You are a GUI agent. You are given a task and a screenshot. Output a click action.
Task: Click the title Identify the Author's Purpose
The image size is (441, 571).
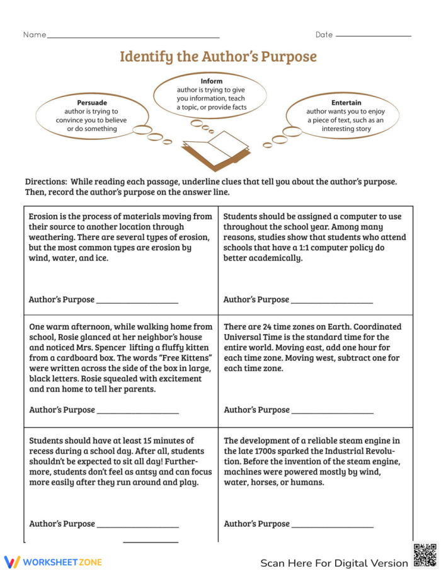coord(218,57)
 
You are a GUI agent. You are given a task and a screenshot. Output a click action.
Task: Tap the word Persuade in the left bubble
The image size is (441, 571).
coord(92,102)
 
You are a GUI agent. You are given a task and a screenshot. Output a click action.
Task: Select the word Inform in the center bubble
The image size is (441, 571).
coord(211,81)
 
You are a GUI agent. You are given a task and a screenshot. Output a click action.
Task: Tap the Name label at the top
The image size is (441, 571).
coord(35,35)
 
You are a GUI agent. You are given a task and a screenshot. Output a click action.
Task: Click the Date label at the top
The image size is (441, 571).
coord(324,35)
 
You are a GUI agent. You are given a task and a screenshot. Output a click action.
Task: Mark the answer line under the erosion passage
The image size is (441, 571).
coord(137,303)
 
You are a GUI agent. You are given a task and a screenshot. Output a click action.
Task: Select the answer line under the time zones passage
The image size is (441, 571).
coord(333,413)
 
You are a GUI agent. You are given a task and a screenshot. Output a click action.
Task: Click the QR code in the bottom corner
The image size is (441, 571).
coord(425,555)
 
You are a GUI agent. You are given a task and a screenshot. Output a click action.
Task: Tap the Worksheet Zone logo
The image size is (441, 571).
coord(53,562)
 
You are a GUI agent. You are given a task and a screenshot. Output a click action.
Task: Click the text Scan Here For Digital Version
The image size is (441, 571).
coord(334,563)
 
